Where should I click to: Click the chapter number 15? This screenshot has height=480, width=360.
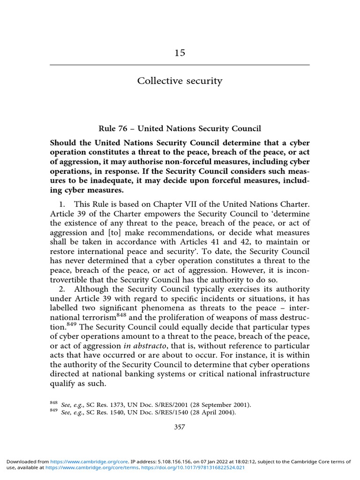(180, 52)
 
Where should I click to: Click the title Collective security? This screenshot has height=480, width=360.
(180, 81)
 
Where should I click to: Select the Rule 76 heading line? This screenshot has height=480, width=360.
(180, 128)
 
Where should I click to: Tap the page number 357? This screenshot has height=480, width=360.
(180, 427)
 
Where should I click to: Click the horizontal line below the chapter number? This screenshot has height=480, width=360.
(180, 65)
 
